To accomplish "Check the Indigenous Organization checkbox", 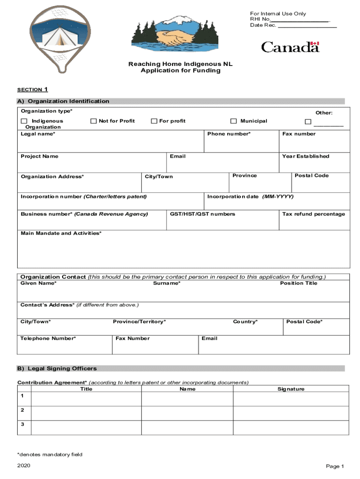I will point(24,121).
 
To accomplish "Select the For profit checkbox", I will point(154,121).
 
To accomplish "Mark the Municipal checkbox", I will point(233,121).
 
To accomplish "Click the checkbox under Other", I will point(308,122).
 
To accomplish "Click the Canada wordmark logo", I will point(290,47).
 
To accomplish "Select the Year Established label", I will point(305,156).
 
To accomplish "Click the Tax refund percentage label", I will point(313,214).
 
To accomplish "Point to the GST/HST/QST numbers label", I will point(202,214).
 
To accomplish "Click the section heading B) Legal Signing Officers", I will point(57,369).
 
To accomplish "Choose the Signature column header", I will point(291,389).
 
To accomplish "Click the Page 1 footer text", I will point(335,466).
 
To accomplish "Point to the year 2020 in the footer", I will point(24,465).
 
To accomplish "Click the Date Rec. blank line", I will point(307,27).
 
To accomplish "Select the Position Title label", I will point(298,283).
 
